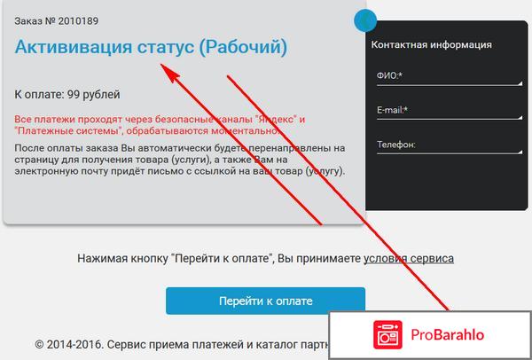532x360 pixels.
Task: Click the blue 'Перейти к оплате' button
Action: click(265, 301)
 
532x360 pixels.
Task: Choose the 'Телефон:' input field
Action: click(446, 145)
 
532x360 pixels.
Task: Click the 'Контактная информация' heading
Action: click(431, 44)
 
